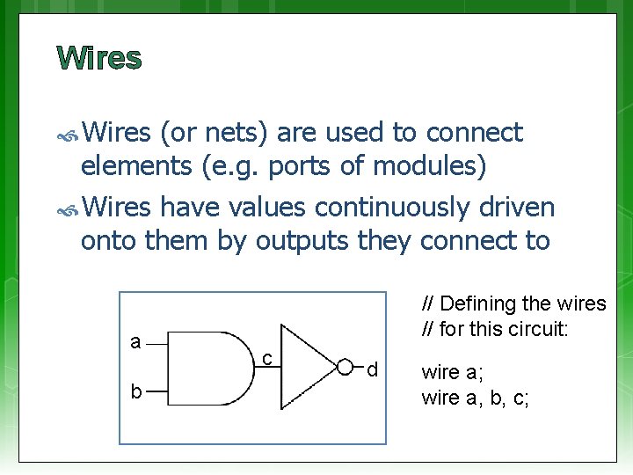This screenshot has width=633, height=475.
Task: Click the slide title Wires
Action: click(x=98, y=58)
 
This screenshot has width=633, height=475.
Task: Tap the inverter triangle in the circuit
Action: click(x=307, y=365)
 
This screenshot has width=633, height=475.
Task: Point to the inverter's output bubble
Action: click(x=346, y=366)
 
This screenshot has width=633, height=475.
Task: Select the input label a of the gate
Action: click(x=135, y=342)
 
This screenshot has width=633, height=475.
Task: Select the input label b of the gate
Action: click(x=135, y=391)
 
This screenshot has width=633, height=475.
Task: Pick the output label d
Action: click(x=372, y=370)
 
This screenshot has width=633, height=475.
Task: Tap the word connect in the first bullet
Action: click(x=475, y=133)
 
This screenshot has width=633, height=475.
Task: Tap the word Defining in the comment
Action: click(x=478, y=304)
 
